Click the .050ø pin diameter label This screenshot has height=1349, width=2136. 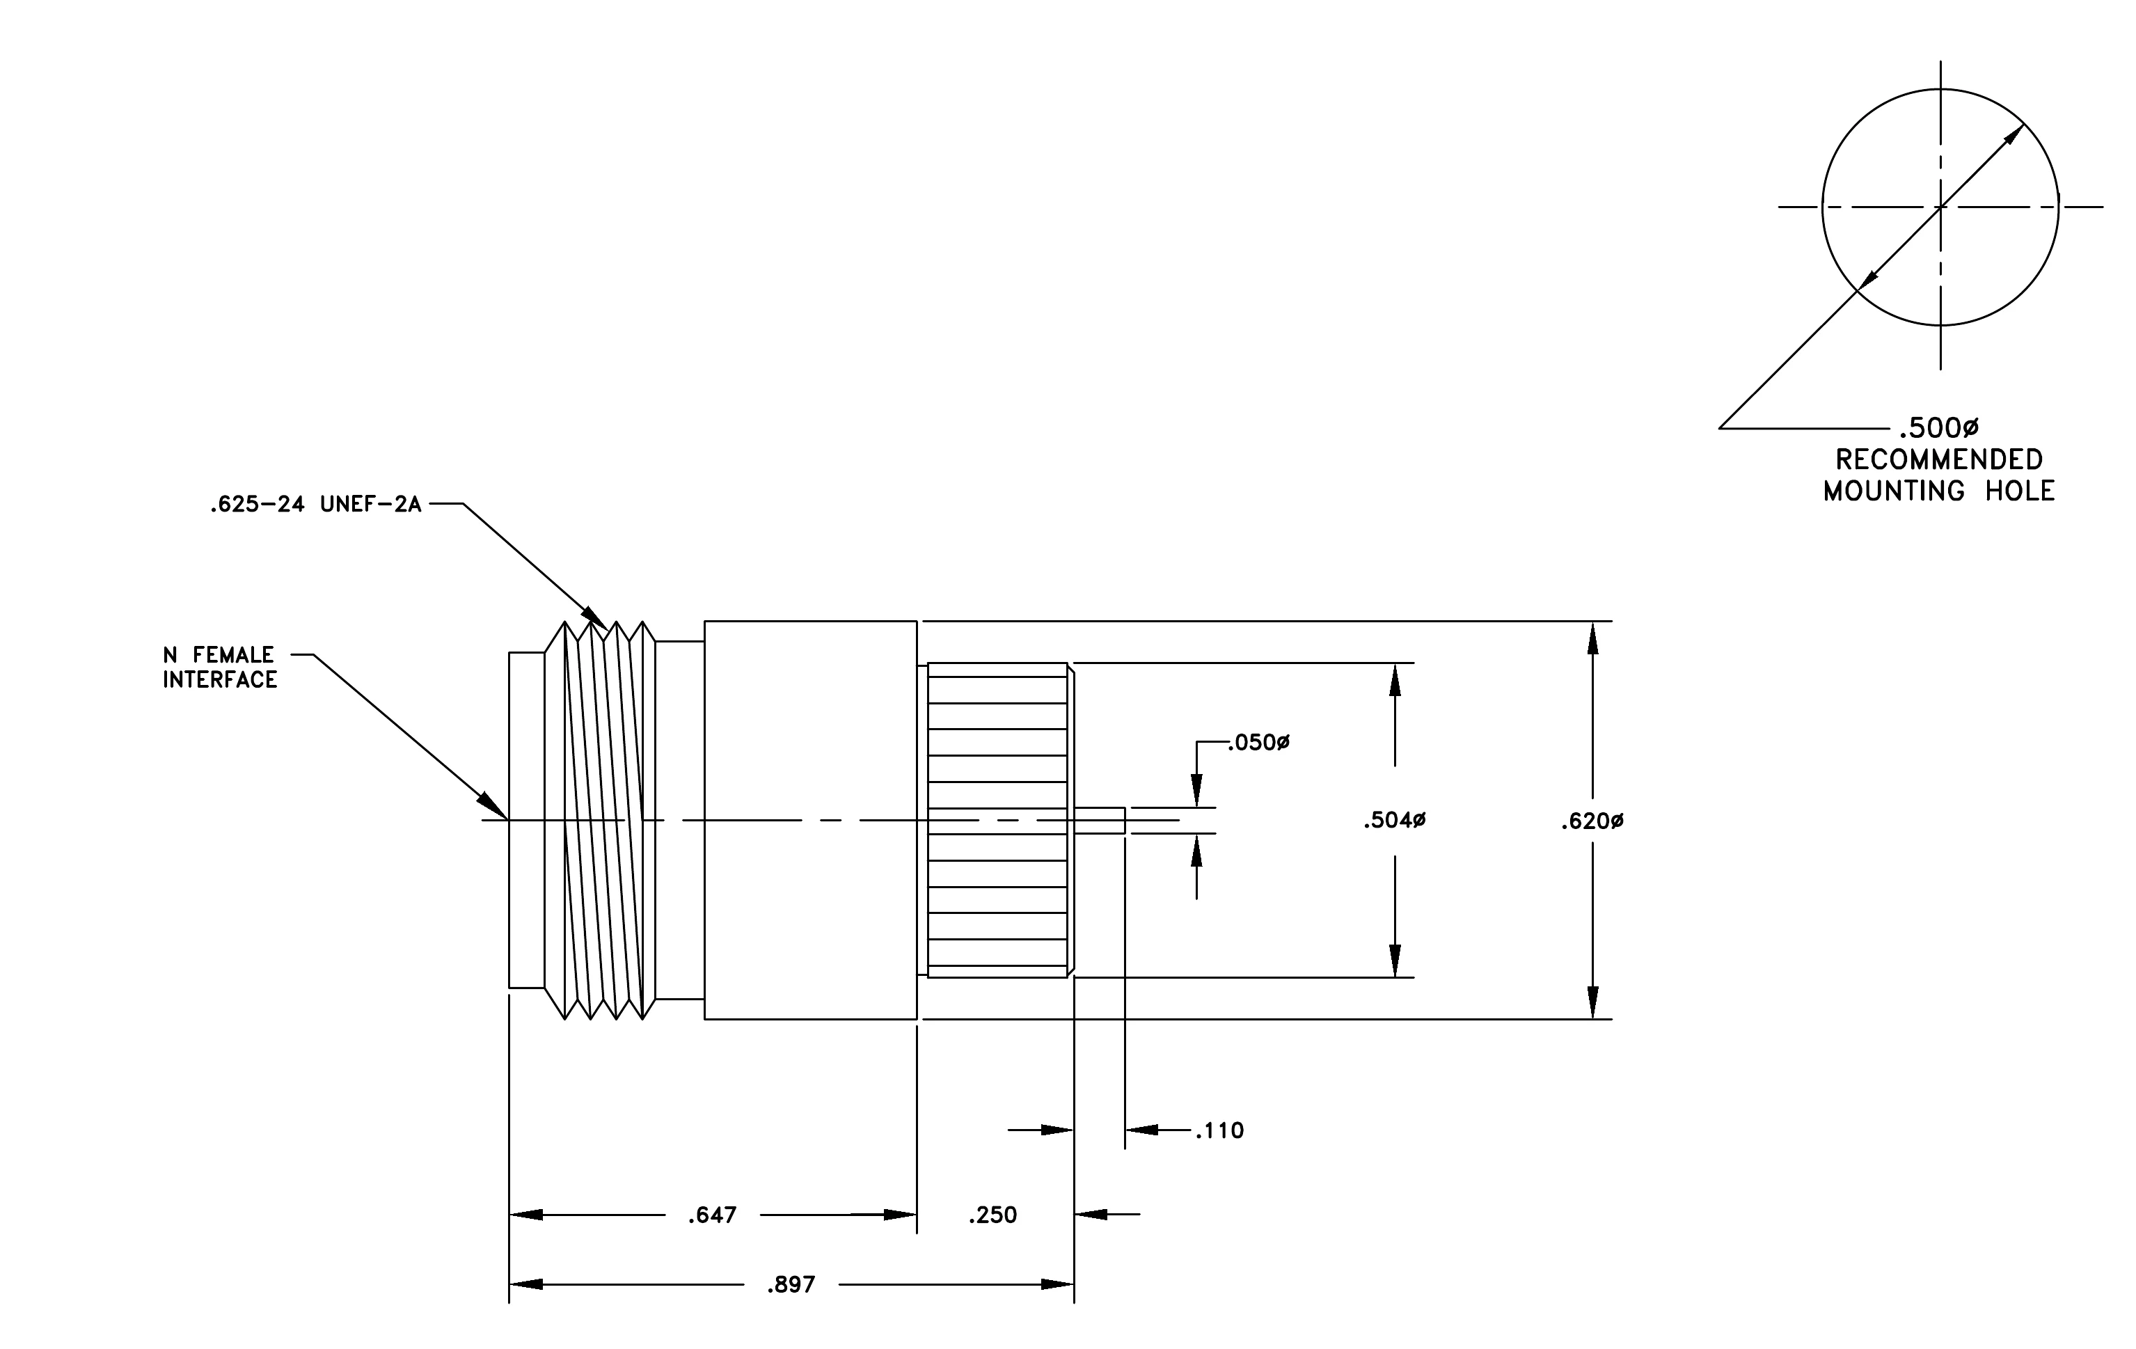coord(1259,742)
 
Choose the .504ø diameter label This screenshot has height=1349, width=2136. coord(1395,821)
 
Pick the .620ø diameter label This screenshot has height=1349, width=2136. coord(1593,822)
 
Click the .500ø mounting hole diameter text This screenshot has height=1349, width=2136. coord(1938,428)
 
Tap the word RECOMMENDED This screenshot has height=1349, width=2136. coord(1939,459)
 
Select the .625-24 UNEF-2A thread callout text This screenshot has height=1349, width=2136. coord(316,505)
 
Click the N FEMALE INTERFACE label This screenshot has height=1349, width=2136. coord(220,667)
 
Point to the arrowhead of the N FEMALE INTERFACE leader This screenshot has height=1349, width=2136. coord(507,819)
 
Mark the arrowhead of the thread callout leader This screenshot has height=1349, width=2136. coord(608,629)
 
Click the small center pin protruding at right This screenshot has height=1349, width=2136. coord(1100,821)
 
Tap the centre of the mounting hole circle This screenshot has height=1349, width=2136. coord(1940,207)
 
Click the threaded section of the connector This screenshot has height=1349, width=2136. coord(601,821)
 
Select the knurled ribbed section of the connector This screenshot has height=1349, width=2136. coord(997,821)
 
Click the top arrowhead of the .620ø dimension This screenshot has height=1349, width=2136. coord(1593,638)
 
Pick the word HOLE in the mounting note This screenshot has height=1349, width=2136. coord(2020,491)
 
